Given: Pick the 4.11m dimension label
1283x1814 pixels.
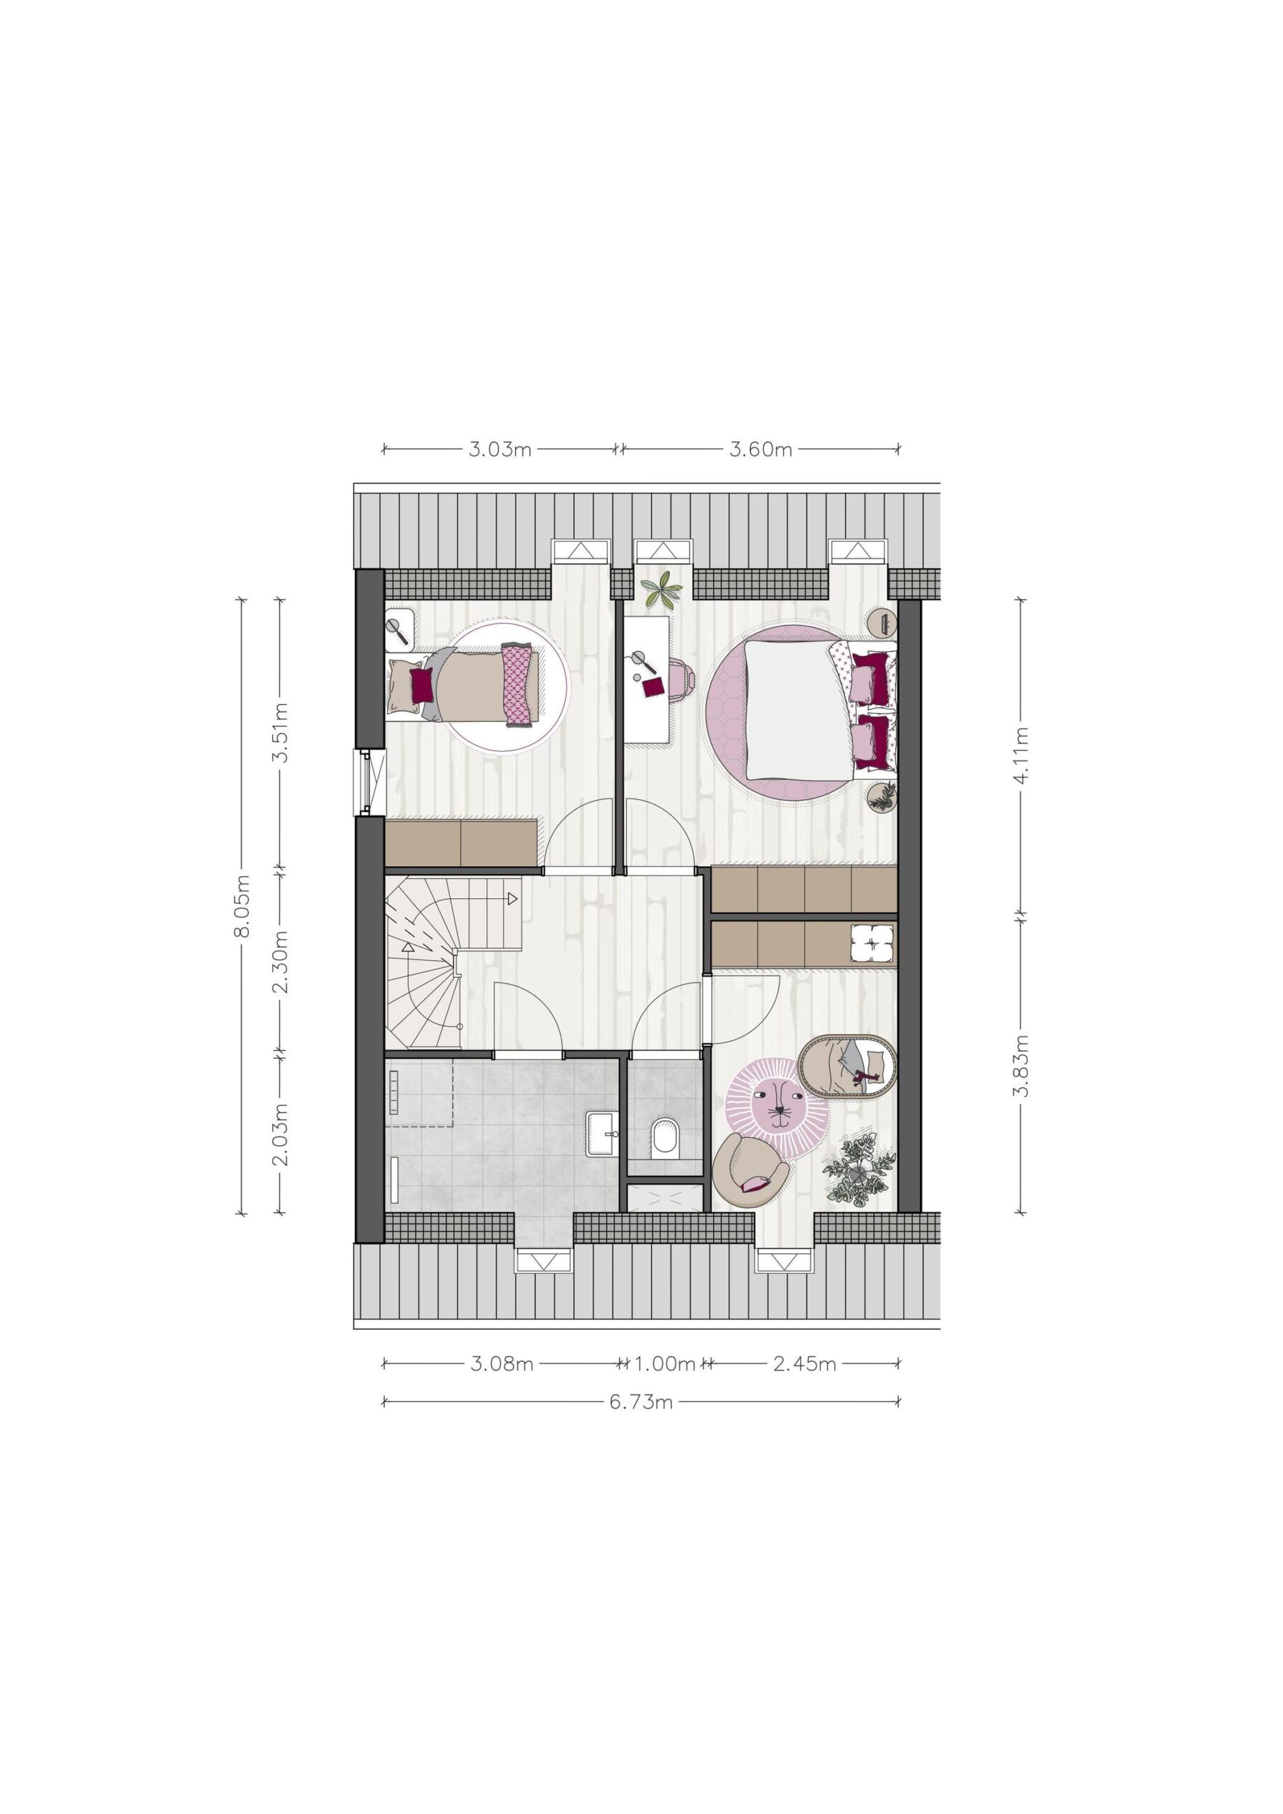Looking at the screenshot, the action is pos(1021,755).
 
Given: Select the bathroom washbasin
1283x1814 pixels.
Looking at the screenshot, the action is pos(603,1133).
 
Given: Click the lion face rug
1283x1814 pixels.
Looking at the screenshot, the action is pos(778,1107).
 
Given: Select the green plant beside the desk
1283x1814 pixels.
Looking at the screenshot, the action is pos(661,590).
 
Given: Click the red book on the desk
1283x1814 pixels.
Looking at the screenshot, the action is pos(653,687).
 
